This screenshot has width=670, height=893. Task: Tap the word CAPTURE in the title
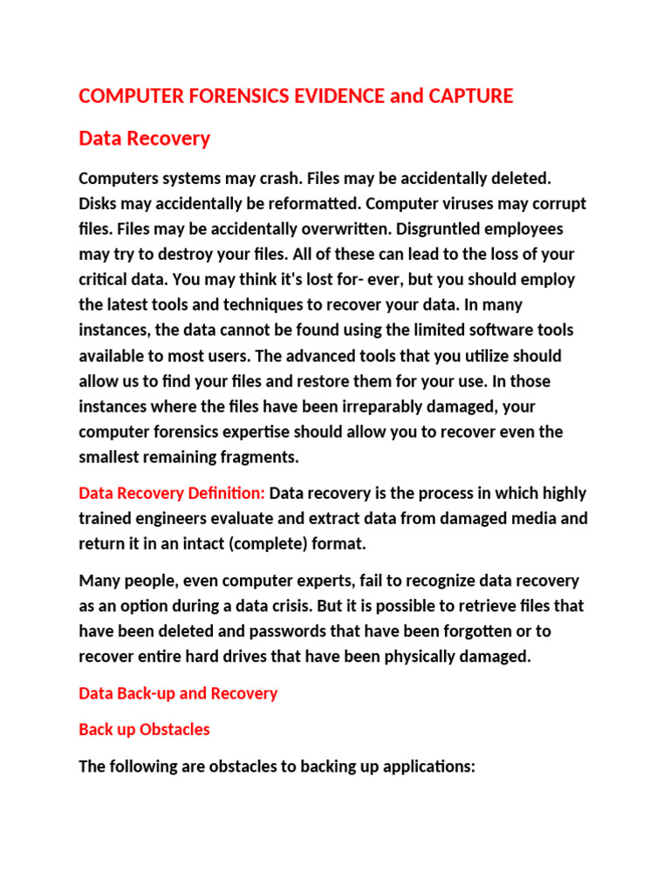[470, 96]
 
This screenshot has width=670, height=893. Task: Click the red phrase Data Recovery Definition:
[172, 494]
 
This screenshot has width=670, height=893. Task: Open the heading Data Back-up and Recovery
[178, 693]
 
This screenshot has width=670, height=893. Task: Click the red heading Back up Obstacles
[144, 729]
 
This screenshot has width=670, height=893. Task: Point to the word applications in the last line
[426, 767]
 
